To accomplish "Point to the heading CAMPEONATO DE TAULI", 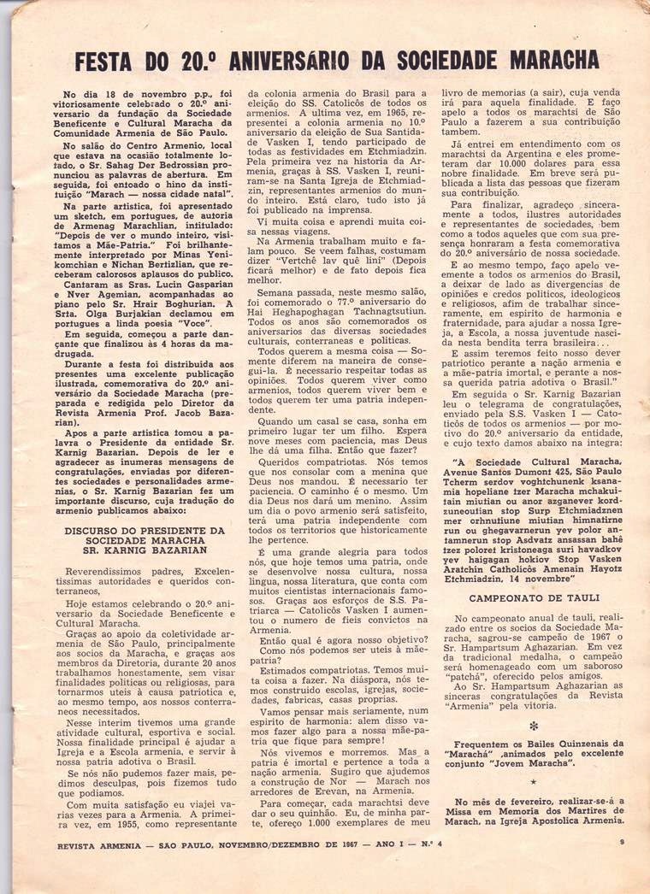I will pos(534,597).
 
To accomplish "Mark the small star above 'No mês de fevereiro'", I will pos(534,782).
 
